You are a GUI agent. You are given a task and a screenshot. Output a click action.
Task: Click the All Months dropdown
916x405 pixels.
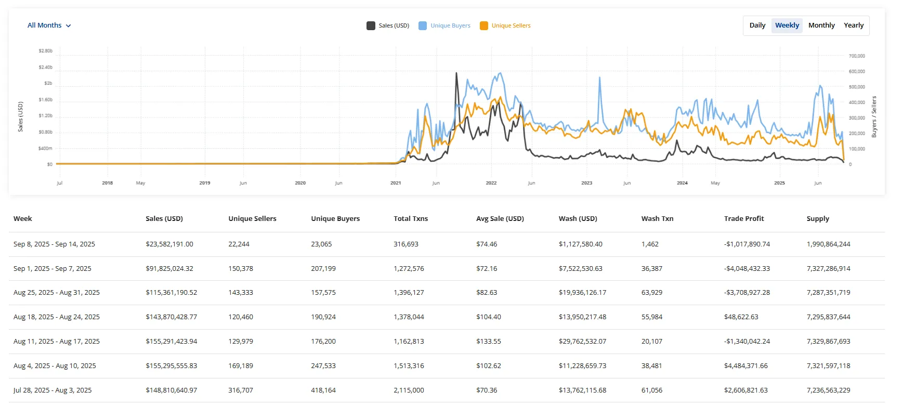tap(49, 25)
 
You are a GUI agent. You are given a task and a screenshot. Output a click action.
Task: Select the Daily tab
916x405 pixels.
tap(757, 25)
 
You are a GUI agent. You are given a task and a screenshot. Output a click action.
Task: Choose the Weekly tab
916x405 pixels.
tap(787, 25)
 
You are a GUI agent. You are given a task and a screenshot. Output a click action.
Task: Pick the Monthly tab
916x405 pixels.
tap(821, 25)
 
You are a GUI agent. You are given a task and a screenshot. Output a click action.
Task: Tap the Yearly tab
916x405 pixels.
tap(853, 25)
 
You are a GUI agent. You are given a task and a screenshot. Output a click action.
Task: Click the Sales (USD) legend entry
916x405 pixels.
tap(388, 25)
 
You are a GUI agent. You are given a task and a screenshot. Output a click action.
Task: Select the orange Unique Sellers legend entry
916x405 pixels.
tap(505, 25)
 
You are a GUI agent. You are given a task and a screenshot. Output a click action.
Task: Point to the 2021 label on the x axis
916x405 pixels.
tap(396, 183)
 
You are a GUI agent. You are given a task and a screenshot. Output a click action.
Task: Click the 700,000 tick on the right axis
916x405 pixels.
tap(857, 56)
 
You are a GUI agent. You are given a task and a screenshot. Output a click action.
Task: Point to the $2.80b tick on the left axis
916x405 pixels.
tap(46, 51)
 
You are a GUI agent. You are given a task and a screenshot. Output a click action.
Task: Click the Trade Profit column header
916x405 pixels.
tap(744, 219)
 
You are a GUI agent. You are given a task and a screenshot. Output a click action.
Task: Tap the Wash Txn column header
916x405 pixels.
tap(657, 219)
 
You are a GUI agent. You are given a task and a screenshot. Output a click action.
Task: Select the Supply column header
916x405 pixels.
tap(818, 219)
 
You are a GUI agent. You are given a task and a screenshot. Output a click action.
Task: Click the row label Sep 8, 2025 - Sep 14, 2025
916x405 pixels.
tap(54, 244)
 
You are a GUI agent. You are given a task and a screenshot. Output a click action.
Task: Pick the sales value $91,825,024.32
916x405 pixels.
tap(169, 269)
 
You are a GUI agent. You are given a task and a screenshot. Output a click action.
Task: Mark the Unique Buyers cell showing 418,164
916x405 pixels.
tap(323, 390)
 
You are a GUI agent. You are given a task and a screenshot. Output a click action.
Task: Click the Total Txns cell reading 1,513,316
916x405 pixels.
tap(409, 366)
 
